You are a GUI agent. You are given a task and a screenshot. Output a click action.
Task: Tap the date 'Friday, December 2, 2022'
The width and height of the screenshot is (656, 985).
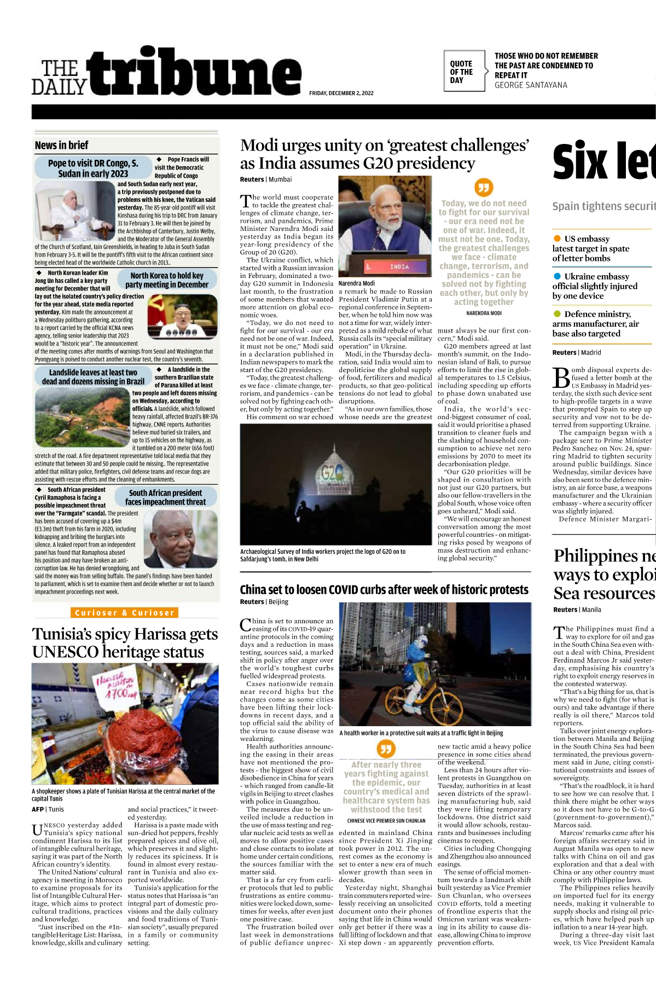click(x=341, y=93)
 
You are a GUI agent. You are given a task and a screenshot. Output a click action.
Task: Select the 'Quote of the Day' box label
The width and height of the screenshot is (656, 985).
click(x=461, y=72)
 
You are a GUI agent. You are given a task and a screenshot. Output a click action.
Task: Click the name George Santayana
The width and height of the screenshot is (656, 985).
click(x=531, y=85)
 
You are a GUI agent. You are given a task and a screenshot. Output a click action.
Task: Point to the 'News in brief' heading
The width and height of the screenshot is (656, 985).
click(x=61, y=146)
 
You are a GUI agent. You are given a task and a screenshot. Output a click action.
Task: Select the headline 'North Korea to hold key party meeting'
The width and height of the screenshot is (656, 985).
click(x=166, y=280)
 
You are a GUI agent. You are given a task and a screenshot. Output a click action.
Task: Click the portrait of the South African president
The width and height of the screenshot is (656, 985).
click(x=184, y=539)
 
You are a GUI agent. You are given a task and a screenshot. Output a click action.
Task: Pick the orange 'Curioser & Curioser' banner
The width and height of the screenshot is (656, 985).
click(x=125, y=613)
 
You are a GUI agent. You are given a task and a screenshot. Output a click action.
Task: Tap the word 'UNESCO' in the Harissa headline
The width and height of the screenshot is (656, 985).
click(x=65, y=652)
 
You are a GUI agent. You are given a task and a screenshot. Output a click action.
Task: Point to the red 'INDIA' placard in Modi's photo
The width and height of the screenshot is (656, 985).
click(x=398, y=266)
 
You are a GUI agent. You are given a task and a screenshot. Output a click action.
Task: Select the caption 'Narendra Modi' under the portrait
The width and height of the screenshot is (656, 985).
click(x=357, y=283)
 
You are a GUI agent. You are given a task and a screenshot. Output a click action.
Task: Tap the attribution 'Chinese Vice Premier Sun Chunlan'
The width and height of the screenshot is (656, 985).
click(x=386, y=821)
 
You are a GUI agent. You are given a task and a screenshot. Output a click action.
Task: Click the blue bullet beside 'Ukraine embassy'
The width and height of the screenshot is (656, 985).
click(x=557, y=276)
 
